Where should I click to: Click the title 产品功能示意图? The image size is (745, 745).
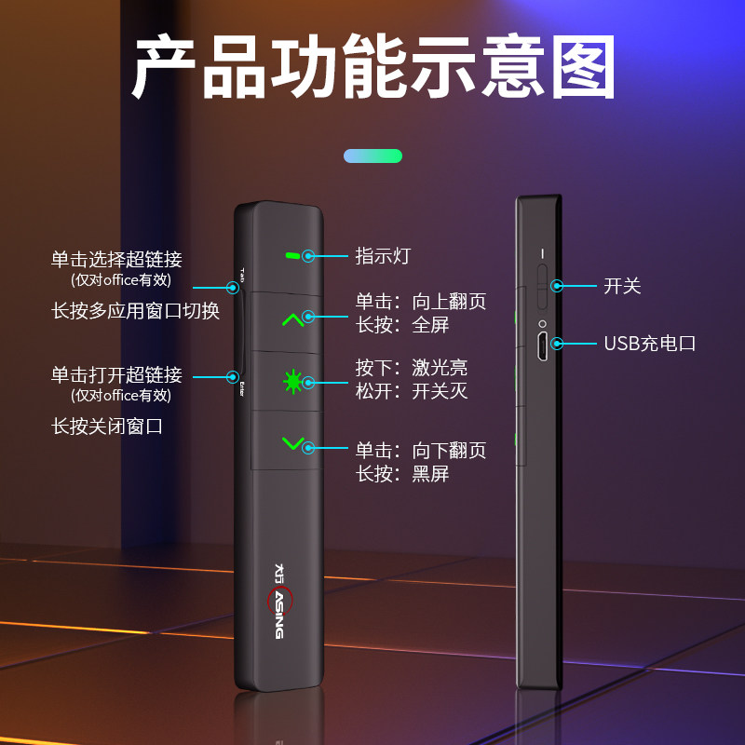(372, 67)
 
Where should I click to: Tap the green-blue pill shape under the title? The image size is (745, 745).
(372, 156)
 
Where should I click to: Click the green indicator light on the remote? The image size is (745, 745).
(292, 254)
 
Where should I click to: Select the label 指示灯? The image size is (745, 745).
(382, 255)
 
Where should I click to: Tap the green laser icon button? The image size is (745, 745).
(293, 381)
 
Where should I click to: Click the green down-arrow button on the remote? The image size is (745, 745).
(293, 443)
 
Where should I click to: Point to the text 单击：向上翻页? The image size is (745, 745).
(420, 302)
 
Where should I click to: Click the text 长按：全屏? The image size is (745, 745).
(401, 325)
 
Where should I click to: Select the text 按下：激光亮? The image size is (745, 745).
(411, 368)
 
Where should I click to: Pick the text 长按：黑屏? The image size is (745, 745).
(401, 474)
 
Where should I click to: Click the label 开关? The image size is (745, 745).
(622, 286)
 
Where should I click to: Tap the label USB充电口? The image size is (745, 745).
(649, 344)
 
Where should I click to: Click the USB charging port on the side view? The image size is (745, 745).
(541, 345)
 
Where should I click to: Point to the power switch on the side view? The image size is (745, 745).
(541, 279)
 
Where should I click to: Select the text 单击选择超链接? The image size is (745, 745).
(116, 259)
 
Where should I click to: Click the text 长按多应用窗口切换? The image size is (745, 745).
(135, 311)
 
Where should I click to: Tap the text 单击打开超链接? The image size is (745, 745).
(116, 375)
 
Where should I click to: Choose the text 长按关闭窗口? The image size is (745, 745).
(107, 427)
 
